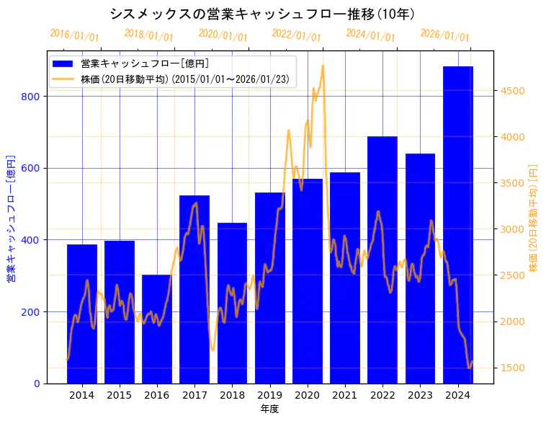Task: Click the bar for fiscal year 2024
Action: click(x=457, y=224)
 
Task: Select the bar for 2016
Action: click(x=157, y=329)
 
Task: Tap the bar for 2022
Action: click(x=382, y=260)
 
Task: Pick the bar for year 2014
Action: click(x=81, y=314)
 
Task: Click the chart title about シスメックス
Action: click(x=262, y=14)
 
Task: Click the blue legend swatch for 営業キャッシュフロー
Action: click(x=63, y=63)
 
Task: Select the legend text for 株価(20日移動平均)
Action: click(x=185, y=79)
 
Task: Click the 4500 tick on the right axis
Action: click(x=513, y=91)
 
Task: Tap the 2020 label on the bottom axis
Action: click(x=307, y=394)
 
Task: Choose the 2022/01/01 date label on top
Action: click(x=296, y=35)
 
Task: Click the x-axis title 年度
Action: click(x=269, y=408)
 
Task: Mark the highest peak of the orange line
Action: click(x=323, y=66)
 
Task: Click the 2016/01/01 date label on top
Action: click(x=74, y=35)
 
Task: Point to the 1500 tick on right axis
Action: click(x=513, y=368)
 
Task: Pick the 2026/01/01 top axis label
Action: click(x=444, y=35)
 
